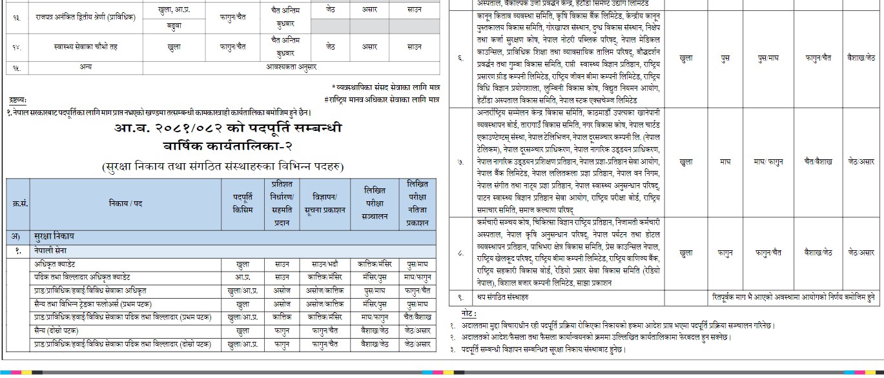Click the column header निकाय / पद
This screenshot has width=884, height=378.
(125, 204)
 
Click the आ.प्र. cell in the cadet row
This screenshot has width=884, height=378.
(243, 277)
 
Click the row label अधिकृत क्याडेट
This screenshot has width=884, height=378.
(54, 263)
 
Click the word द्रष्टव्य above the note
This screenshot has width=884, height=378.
(18, 100)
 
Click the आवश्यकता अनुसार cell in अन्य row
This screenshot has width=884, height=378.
(291, 66)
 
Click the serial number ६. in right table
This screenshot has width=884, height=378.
(460, 59)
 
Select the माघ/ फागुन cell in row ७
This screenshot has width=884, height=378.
(768, 161)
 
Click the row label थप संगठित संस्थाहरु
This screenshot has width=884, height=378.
(501, 297)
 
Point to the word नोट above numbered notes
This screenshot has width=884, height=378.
(468, 312)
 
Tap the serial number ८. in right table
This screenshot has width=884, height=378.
(460, 253)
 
